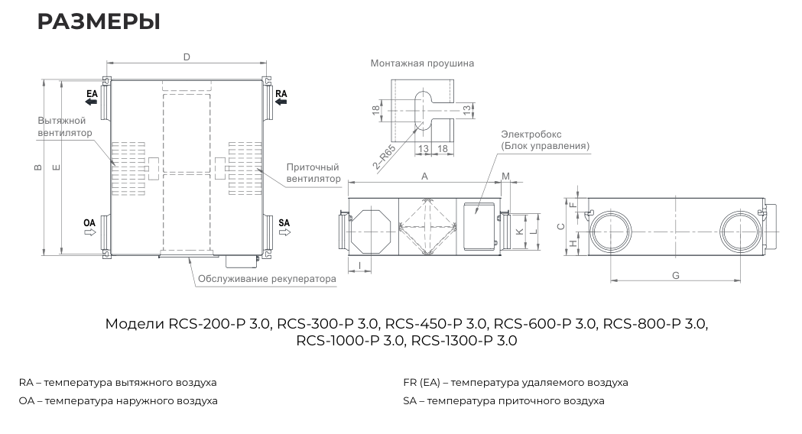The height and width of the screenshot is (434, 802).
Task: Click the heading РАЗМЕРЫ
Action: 99,22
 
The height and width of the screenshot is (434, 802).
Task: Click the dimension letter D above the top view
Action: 186,57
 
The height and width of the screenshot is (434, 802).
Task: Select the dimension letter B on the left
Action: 38,168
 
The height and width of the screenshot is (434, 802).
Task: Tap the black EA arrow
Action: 91,102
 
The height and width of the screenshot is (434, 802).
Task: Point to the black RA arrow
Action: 281,102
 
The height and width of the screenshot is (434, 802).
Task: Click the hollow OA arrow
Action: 89,232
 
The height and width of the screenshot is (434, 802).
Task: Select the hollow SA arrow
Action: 284,232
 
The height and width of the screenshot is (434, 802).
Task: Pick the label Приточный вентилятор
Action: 313,173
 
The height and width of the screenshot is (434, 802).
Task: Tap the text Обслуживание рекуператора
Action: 267,279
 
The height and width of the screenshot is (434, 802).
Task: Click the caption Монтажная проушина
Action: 422,63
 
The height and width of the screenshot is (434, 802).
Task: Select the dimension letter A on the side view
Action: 424,176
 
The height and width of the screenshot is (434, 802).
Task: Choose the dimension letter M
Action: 505,177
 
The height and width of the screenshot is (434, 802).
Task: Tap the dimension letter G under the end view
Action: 676,275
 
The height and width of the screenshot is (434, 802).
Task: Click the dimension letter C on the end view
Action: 561,226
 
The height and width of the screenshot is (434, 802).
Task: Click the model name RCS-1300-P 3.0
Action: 464,341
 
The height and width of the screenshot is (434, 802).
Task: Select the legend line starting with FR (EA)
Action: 515,382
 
